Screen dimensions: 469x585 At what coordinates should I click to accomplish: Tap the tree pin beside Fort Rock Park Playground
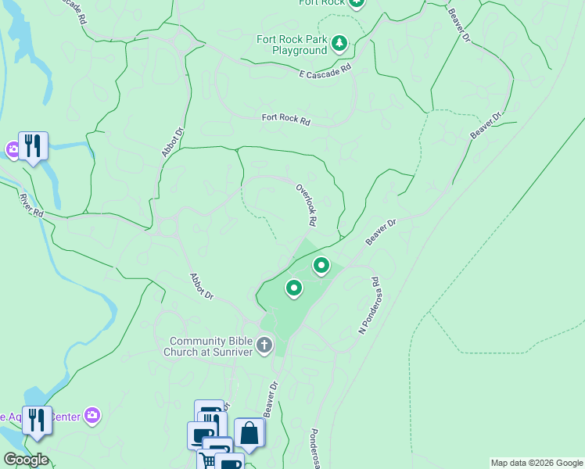tap(339, 42)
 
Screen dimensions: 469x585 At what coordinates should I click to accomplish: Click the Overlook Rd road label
tap(306, 205)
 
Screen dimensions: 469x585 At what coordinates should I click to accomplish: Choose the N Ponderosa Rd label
tap(368, 306)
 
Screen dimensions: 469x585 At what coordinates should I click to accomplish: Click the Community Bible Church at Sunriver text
tap(213, 345)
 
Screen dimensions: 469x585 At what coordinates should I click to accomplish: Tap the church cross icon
tap(265, 345)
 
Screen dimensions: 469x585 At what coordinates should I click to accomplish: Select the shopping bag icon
tap(249, 434)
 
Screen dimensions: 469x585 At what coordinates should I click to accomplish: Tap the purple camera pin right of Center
tap(92, 414)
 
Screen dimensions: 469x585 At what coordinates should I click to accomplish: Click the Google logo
tap(25, 460)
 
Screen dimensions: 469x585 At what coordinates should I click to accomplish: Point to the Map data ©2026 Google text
tap(536, 463)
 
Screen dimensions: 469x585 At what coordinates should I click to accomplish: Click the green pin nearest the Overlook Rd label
tap(321, 266)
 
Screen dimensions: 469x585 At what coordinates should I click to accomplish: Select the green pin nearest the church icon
tap(294, 288)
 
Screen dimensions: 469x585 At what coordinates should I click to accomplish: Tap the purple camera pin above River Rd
tap(13, 149)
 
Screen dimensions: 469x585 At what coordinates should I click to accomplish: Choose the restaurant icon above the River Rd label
tap(33, 145)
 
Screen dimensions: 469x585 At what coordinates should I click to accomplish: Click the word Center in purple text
tap(66, 417)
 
